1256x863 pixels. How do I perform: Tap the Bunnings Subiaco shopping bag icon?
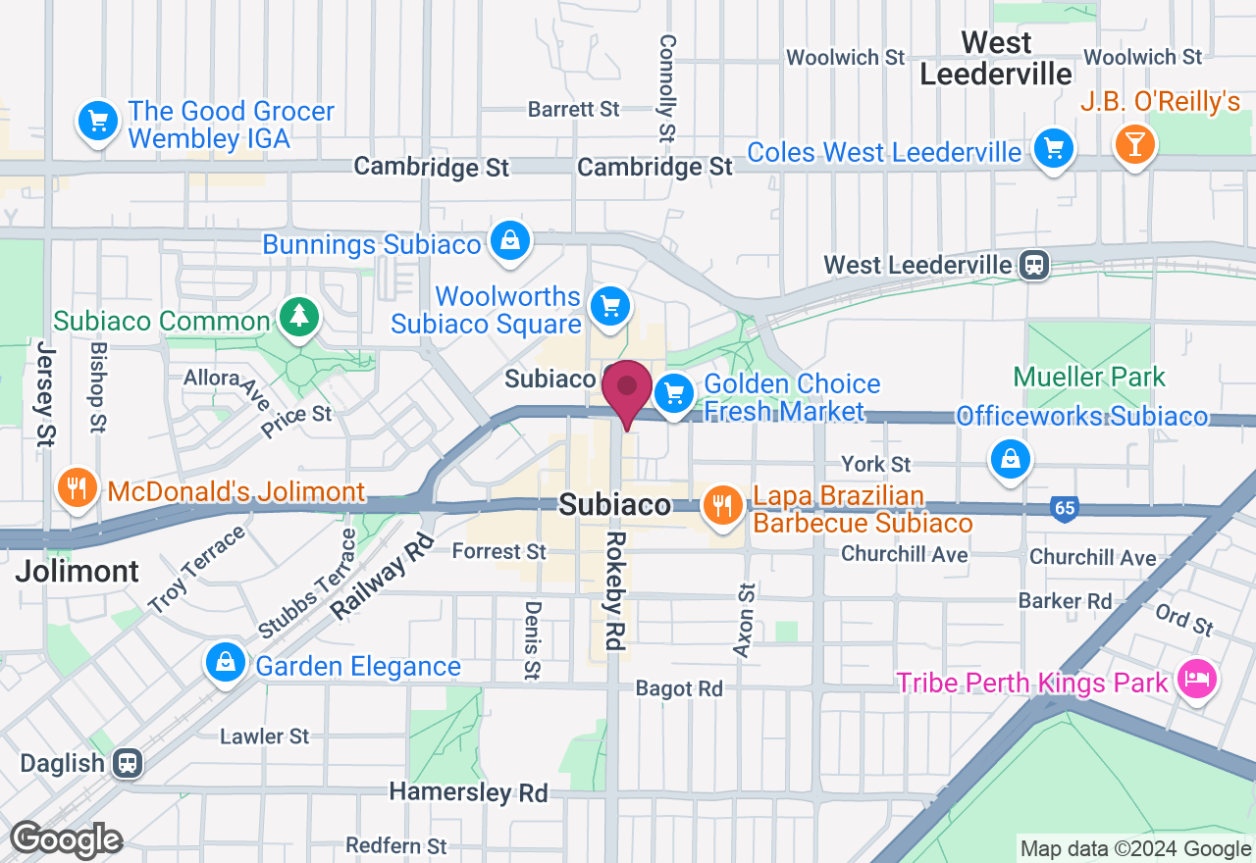click(510, 240)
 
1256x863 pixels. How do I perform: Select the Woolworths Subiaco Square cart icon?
click(610, 308)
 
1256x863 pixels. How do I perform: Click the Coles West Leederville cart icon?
click(1054, 149)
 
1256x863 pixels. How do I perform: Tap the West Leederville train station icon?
click(1034, 265)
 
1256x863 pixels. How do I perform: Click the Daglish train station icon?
click(127, 763)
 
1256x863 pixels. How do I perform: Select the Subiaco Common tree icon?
click(296, 316)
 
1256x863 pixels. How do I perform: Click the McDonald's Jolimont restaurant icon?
click(77, 487)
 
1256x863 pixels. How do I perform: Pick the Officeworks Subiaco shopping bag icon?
click(1010, 459)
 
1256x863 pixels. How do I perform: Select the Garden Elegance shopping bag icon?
click(226, 663)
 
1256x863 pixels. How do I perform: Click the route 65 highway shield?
click(1063, 508)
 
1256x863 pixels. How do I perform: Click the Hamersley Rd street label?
click(468, 791)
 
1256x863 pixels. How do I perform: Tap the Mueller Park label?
click(1089, 377)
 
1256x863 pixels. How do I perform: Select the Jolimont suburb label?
click(78, 571)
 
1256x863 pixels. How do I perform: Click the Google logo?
click(66, 840)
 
